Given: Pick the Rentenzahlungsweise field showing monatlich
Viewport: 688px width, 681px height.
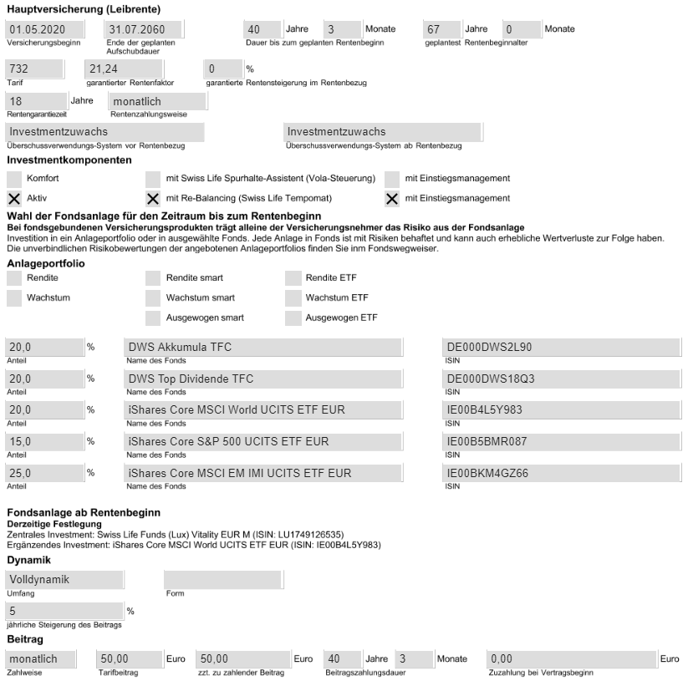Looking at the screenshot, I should click(156, 101).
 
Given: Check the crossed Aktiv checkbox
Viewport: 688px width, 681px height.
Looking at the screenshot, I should click(13, 198).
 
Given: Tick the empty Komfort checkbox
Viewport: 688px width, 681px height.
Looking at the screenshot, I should click(13, 178).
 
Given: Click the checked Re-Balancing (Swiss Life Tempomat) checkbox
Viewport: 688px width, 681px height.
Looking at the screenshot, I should click(153, 198).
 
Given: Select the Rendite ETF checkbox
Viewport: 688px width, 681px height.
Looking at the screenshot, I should click(293, 277).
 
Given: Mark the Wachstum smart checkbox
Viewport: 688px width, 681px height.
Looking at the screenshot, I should click(153, 297).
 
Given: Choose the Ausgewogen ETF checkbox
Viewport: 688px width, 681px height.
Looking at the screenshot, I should click(293, 318).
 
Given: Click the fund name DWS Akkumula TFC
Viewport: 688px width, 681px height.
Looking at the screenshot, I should click(263, 348).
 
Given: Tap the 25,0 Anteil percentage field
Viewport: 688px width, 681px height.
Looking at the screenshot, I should click(44, 473).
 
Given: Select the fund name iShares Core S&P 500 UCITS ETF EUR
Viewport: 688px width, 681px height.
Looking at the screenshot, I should click(263, 441).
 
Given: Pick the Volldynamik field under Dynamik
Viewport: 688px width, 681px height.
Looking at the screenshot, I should click(63, 579).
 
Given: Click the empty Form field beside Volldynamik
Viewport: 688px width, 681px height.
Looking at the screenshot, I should click(222, 579).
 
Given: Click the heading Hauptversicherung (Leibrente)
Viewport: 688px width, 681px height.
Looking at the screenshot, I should click(84, 9).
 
